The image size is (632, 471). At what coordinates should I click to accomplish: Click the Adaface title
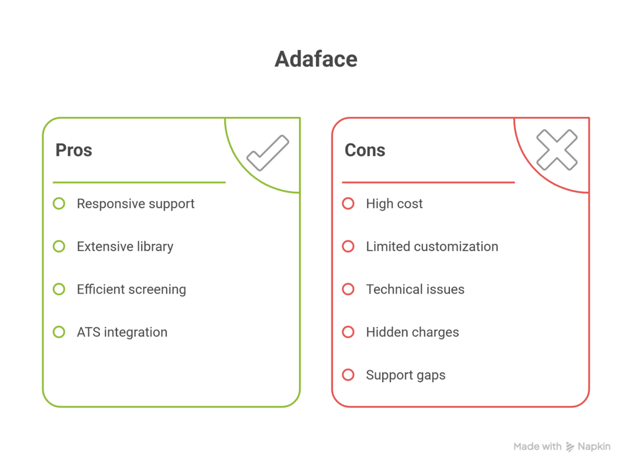[316, 59]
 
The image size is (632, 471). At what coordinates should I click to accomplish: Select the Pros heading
[74, 150]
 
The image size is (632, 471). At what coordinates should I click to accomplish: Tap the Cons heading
[365, 150]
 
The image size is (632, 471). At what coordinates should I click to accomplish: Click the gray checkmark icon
[268, 153]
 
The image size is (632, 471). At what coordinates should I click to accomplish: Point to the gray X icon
[557, 150]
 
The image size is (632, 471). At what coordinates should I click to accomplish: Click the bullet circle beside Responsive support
[59, 204]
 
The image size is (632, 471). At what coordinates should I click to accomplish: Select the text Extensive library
[125, 247]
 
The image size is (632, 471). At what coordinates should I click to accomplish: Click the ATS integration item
[122, 332]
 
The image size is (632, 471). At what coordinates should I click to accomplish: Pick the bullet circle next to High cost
[348, 204]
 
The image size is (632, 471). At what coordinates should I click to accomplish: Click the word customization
[456, 247]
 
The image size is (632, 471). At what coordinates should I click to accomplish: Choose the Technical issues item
[415, 289]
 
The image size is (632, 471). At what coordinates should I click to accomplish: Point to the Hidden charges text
[412, 332]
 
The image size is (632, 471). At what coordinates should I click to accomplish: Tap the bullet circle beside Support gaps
[348, 375]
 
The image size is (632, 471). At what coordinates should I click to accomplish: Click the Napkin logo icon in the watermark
[570, 447]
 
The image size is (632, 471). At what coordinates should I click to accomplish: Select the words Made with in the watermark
[537, 446]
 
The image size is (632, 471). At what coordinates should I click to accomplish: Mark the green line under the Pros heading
[139, 182]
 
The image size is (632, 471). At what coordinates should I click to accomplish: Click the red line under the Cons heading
[428, 182]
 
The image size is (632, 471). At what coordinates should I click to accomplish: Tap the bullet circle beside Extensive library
[59, 246]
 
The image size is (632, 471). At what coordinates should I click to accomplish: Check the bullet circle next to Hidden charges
[348, 332]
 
